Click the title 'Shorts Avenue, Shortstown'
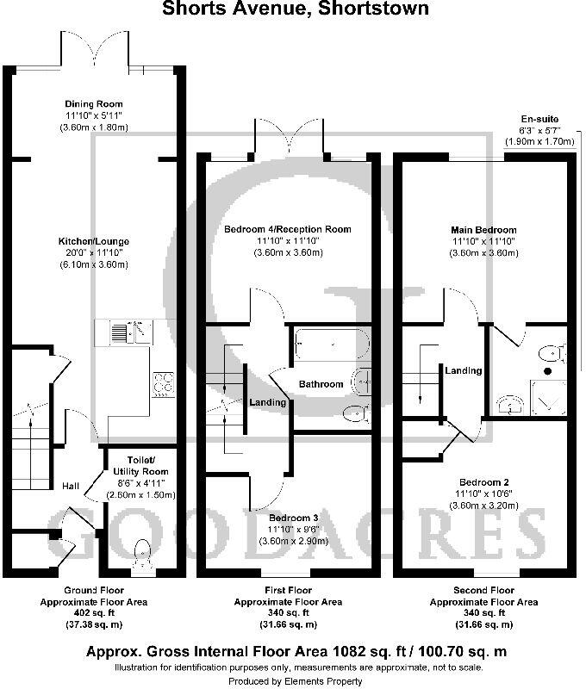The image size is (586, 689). (x=293, y=9)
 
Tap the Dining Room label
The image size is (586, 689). (x=97, y=102)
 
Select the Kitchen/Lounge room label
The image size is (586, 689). (x=94, y=241)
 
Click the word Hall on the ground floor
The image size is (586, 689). (x=71, y=487)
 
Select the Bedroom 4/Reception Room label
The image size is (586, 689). (x=288, y=229)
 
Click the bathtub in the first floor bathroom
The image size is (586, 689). (x=330, y=344)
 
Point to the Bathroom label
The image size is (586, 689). (x=321, y=383)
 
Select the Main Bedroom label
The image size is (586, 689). (x=483, y=230)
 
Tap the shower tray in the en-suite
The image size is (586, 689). (x=549, y=398)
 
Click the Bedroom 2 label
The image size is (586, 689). (x=483, y=481)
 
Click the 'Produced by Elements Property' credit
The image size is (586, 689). (x=293, y=681)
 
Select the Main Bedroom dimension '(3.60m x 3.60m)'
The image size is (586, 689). (x=483, y=253)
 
